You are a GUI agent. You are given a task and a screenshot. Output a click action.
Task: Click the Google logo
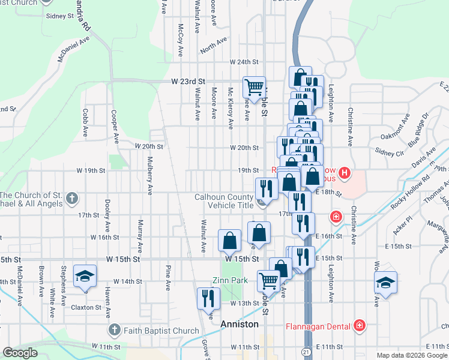click(20, 353)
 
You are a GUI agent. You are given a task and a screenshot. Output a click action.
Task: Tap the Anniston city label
click(239, 324)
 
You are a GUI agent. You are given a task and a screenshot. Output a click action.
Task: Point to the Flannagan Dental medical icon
click(359, 325)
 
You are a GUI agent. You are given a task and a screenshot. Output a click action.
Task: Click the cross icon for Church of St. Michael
click(72, 198)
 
